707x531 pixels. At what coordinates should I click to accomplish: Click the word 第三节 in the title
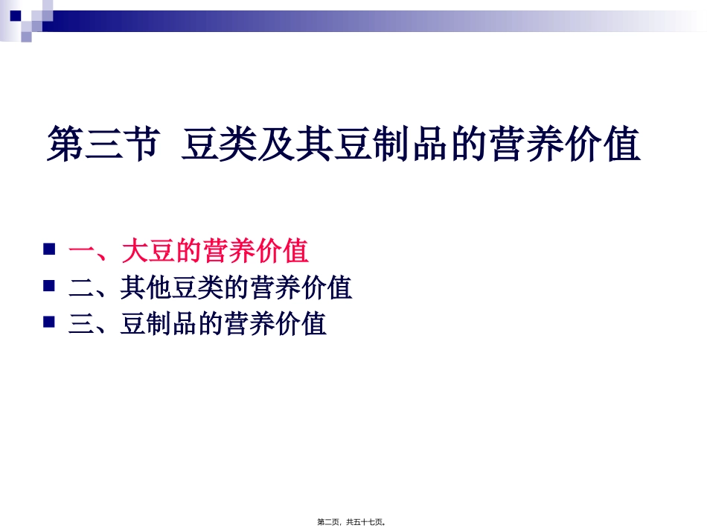(102, 145)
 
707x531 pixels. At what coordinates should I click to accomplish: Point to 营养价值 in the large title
(566, 145)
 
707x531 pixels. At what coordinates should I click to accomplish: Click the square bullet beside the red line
(50, 248)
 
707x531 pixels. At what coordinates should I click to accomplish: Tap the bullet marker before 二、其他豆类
(50, 285)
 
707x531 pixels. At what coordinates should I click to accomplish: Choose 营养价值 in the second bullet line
(301, 288)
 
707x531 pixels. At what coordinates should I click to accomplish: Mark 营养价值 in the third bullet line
(275, 325)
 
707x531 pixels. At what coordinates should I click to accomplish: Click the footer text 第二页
(329, 522)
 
